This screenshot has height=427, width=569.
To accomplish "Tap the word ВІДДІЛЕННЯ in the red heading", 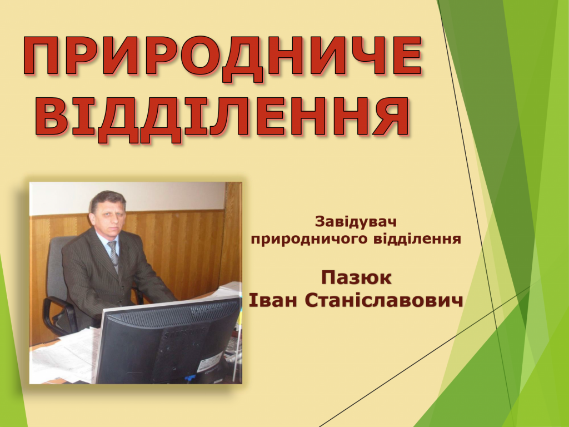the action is click(x=223, y=117).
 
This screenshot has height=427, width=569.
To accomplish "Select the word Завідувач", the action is click(x=356, y=222).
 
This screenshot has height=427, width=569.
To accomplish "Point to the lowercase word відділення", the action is click(x=417, y=239).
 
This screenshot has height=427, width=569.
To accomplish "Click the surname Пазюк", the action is click(x=356, y=278).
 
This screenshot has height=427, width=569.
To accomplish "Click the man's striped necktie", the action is click(x=113, y=254).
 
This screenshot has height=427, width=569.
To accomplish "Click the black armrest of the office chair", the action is click(x=58, y=309).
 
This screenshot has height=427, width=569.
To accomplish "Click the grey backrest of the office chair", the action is click(x=56, y=269).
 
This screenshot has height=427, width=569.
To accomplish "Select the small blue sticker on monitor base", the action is click(x=189, y=378).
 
